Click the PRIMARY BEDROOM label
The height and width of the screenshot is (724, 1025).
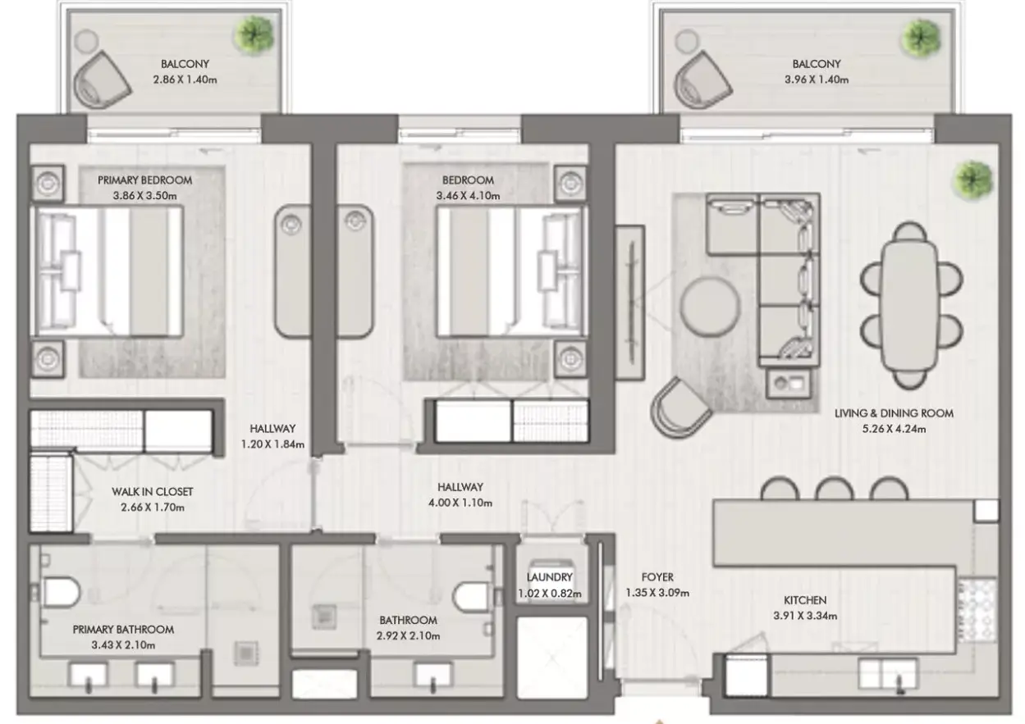pos(144,180)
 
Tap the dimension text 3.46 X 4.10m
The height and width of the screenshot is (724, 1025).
pos(468,196)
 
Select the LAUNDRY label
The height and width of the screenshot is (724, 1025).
pos(549,577)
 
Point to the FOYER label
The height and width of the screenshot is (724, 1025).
pos(657,577)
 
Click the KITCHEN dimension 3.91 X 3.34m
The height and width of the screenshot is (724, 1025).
pos(805,616)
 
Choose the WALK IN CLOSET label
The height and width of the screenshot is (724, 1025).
pos(153,492)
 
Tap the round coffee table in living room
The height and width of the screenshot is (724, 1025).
pos(709,306)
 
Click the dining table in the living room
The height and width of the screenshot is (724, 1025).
pos(909,305)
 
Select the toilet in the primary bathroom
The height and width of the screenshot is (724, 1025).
pos(61,592)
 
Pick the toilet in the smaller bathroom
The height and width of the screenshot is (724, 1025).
pos(472,596)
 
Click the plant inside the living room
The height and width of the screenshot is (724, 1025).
pos(972,180)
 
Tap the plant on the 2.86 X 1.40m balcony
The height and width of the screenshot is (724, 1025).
pos(254,34)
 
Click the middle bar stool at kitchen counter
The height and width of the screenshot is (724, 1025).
pos(835,488)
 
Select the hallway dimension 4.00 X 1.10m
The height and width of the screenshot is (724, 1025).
pos(460,503)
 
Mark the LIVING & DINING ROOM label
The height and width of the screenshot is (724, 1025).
pos(894,413)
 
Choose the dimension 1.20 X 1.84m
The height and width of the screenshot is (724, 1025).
pos(272,444)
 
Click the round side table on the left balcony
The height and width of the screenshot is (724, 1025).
pos(86,41)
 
